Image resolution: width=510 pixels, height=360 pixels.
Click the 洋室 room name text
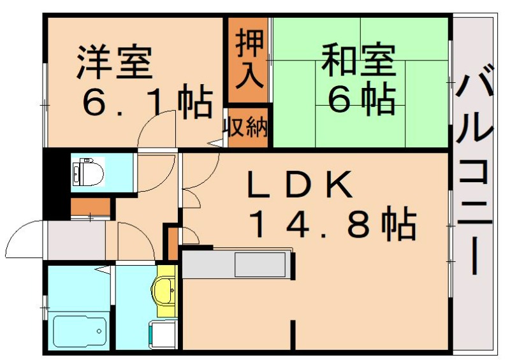coord(115,61)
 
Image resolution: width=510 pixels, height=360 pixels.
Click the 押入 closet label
coord(247,61)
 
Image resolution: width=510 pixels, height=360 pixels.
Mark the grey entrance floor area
coord(76,240)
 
